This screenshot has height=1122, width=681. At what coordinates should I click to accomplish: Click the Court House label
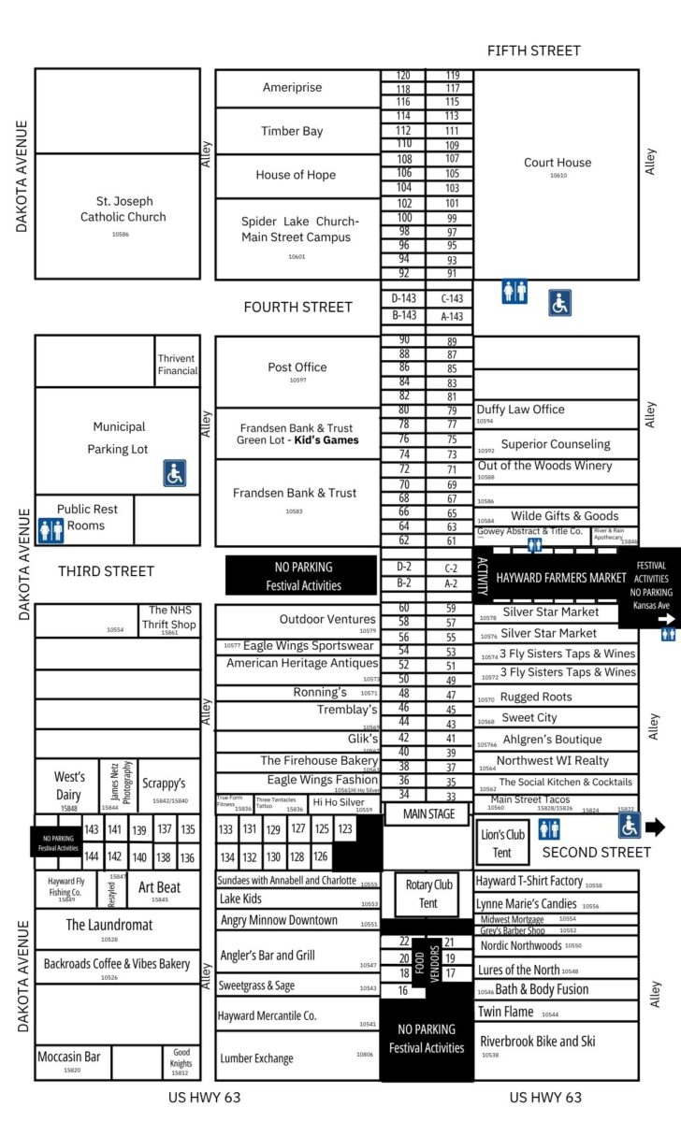click(x=558, y=163)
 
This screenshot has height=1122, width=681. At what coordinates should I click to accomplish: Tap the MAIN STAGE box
click(x=428, y=814)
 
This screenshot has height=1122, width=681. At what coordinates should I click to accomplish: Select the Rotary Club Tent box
click(x=428, y=893)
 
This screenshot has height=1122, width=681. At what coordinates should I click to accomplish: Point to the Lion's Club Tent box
click(x=502, y=843)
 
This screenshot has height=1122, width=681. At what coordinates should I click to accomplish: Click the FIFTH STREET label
click(x=533, y=50)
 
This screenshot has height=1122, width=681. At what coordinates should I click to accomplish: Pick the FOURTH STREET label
click(x=297, y=307)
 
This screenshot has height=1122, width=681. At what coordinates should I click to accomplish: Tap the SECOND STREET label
click(x=596, y=852)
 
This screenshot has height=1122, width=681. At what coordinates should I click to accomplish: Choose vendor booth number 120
click(x=403, y=76)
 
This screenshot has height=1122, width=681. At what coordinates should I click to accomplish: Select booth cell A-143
click(x=451, y=316)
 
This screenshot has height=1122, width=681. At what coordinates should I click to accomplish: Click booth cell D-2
click(x=403, y=567)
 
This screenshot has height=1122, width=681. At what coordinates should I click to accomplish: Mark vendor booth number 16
click(x=403, y=990)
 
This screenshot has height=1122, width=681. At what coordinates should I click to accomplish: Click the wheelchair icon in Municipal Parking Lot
click(x=175, y=473)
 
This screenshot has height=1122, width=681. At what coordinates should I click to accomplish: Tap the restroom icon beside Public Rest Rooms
click(x=50, y=530)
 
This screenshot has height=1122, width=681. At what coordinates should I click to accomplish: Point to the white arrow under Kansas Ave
click(x=666, y=618)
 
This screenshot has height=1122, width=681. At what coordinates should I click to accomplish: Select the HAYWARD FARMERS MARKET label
click(x=561, y=578)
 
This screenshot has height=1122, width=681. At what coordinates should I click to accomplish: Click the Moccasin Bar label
click(x=68, y=1057)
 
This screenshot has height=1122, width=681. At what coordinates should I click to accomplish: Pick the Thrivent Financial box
click(x=178, y=365)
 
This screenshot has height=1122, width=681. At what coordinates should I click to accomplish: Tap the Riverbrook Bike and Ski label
click(x=537, y=1041)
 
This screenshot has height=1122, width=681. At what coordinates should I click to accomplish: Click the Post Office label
click(x=297, y=367)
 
